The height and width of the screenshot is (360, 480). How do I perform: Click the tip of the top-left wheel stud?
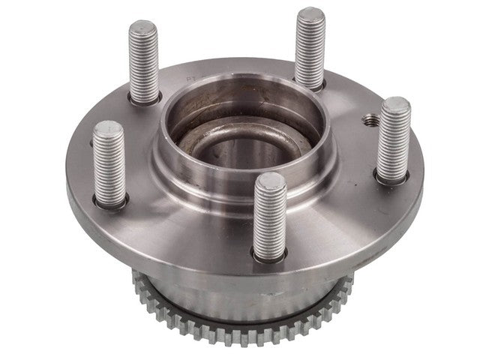click(142, 28)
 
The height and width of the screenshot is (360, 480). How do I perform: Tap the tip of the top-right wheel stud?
click(309, 13)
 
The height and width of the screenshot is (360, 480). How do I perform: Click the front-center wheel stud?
click(269, 214)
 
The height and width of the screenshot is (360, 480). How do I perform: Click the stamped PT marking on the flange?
click(191, 77)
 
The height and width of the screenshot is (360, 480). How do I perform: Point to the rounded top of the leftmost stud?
click(109, 127)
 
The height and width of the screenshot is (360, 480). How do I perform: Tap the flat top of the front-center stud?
click(269, 180)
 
